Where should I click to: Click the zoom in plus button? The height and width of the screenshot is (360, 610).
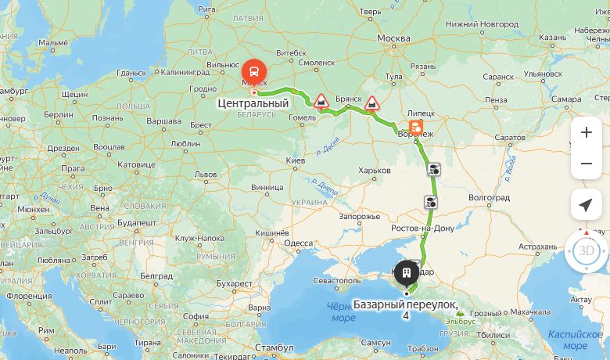586,132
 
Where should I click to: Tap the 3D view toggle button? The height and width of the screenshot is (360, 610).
586,251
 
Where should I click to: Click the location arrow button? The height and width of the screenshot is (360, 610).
586,205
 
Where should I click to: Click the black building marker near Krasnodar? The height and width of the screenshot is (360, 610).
406,273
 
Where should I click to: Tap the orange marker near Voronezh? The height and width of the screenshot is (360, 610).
415,126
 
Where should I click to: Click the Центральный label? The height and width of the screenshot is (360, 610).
253,103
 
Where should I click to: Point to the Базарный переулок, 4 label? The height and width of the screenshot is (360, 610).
405,308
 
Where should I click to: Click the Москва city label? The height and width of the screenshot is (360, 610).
393,38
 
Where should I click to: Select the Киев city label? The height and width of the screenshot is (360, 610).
296,160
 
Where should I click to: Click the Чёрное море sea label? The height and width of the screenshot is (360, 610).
343,311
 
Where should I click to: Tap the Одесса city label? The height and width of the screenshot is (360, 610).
297,243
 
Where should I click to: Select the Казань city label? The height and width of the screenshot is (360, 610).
552,37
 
